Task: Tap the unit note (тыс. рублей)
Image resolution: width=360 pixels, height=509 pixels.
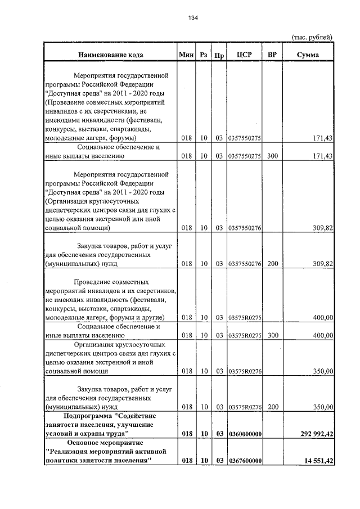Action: pyautogui.click(x=312, y=37)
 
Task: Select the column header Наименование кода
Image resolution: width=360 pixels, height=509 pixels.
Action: pyautogui.click(x=110, y=55)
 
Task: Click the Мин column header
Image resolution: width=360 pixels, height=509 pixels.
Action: pyautogui.click(x=186, y=55)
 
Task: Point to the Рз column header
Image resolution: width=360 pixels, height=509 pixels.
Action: pyautogui.click(x=204, y=55)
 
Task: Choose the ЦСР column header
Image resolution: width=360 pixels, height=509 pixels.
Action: pyautogui.click(x=244, y=55)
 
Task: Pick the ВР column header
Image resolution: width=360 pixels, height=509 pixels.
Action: pyautogui.click(x=272, y=55)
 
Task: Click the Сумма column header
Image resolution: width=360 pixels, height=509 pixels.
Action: pyautogui.click(x=308, y=55)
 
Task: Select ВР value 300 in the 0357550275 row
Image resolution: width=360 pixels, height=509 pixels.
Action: pyautogui.click(x=273, y=156)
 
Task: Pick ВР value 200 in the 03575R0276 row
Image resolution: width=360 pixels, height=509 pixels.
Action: pyautogui.click(x=273, y=407)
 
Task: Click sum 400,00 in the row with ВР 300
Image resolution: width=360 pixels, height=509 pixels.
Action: pyautogui.click(x=323, y=336)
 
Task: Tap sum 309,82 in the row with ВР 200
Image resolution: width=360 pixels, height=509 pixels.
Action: pyautogui.click(x=323, y=263)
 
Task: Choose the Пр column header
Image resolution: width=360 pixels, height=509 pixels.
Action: pyautogui.click(x=220, y=55)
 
